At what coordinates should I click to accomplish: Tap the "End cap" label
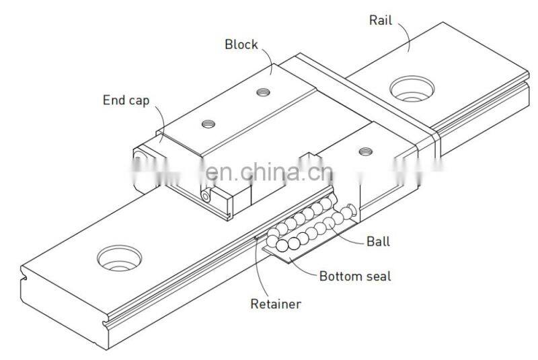pos(126,100)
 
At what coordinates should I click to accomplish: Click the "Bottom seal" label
pos(354,275)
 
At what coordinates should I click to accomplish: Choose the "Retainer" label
pos(275,303)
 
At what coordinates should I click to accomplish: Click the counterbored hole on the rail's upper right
pos(411,87)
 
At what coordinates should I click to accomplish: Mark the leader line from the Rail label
pos(406,37)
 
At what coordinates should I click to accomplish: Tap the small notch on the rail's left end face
pos(24,275)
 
